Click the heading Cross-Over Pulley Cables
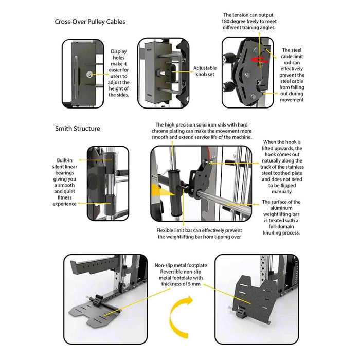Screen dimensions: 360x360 tap(90, 22)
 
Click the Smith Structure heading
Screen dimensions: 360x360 tap(78, 128)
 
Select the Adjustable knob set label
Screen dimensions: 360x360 tap(205, 71)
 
